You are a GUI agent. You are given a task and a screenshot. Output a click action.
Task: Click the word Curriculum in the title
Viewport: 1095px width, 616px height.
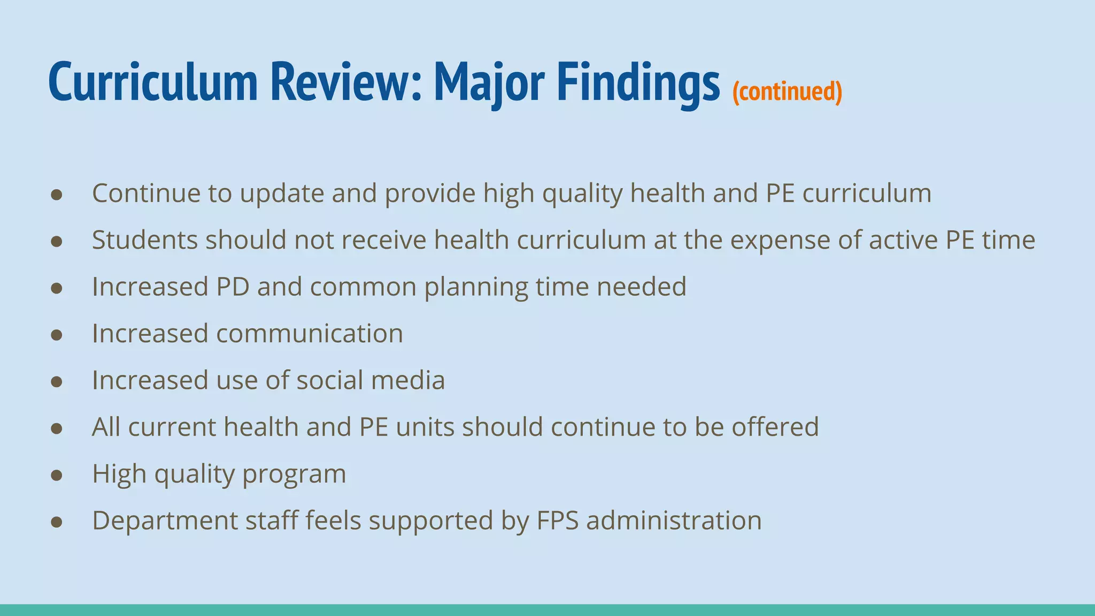click(153, 82)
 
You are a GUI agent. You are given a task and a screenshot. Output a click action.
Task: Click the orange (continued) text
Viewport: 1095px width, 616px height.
click(787, 91)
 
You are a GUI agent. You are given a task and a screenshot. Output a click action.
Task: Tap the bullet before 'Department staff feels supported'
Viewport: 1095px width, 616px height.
click(57, 522)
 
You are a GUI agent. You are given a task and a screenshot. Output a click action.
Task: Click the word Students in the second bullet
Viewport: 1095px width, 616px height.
click(145, 240)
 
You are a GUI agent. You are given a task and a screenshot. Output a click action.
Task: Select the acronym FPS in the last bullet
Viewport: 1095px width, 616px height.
click(558, 520)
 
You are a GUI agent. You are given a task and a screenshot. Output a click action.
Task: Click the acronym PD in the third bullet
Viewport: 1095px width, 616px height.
click(233, 287)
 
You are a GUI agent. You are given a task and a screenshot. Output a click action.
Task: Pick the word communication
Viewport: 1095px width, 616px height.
click(310, 334)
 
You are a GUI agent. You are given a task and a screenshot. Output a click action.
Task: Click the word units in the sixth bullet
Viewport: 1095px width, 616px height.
click(425, 427)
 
